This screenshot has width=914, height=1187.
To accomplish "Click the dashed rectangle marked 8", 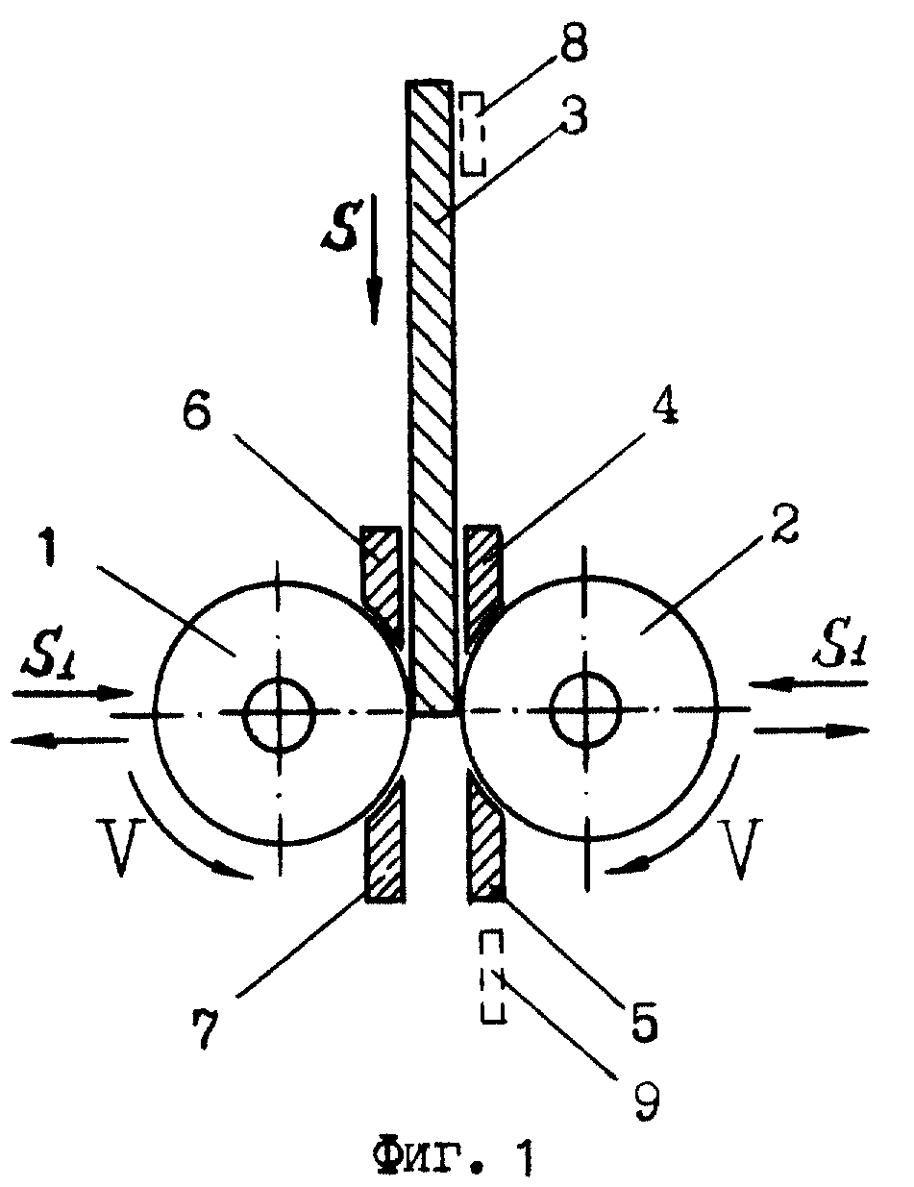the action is click(472, 135).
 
